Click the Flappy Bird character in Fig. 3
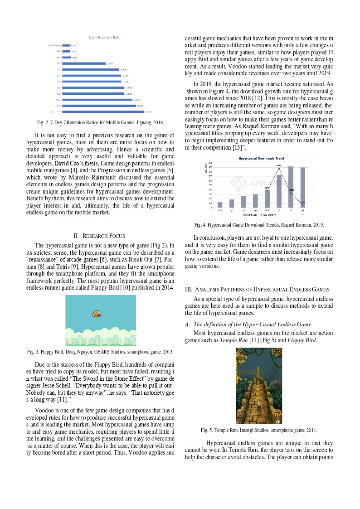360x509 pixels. (x=96, y=313)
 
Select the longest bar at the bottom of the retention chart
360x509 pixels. (x=103, y=111)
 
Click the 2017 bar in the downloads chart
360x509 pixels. (x=220, y=205)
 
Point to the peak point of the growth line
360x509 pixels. (x=279, y=168)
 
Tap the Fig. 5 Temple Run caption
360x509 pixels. (x=259, y=430)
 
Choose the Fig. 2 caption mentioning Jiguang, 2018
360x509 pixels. (x=101, y=122)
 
